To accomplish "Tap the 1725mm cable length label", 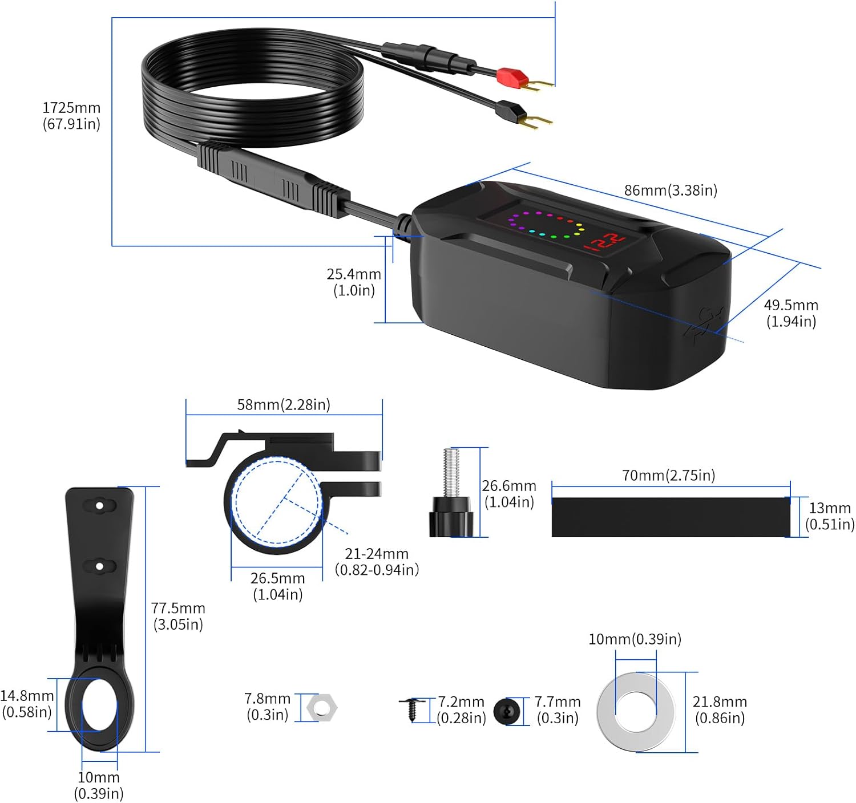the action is (x=71, y=116).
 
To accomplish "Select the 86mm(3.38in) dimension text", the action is (x=671, y=190).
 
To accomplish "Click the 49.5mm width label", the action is (x=791, y=313).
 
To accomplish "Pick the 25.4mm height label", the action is (x=354, y=282).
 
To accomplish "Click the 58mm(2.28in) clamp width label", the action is (x=284, y=404).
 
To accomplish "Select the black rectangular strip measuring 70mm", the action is (x=671, y=517).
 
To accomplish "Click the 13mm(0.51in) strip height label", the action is (x=830, y=516).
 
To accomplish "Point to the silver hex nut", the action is (x=321, y=707).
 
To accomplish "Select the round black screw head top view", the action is (x=507, y=712).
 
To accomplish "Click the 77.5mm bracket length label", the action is (x=178, y=616).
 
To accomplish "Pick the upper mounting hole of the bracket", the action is (x=99, y=505).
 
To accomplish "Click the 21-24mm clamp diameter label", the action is (x=377, y=562).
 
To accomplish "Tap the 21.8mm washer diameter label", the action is (x=720, y=709).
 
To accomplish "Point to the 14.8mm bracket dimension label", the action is (x=27, y=704).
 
